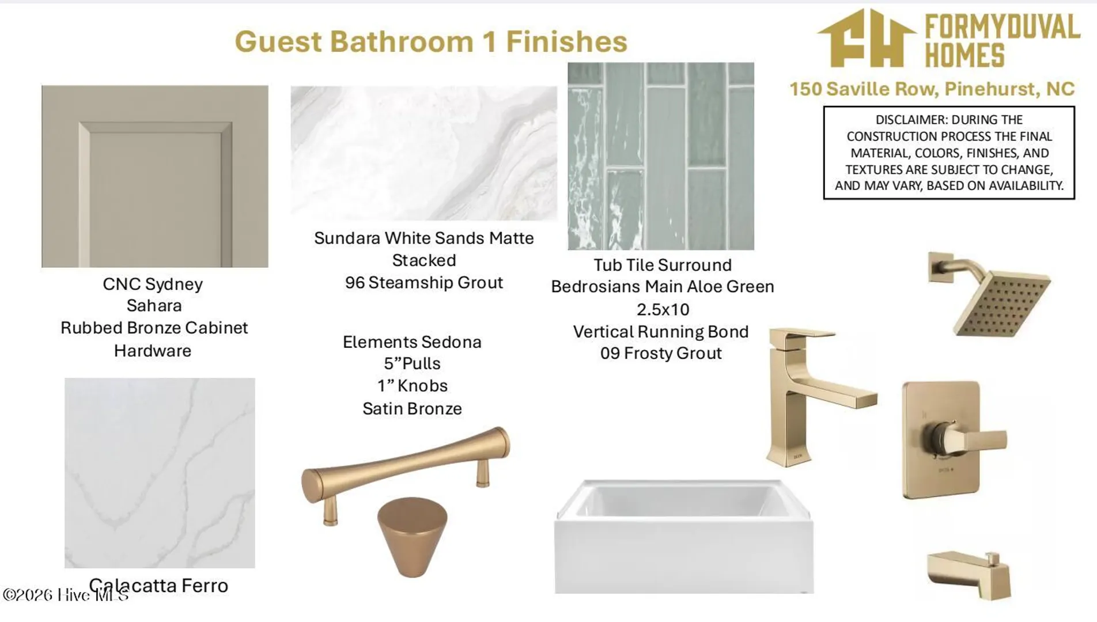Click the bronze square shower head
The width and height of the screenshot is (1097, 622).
(x=1001, y=303)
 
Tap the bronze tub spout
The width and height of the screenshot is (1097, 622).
(x=969, y=574)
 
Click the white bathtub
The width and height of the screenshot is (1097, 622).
(x=684, y=536)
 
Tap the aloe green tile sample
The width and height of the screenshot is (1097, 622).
(x=661, y=156)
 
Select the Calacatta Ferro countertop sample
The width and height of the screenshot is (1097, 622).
(x=160, y=473)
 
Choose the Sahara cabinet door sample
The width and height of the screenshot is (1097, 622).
(x=155, y=176)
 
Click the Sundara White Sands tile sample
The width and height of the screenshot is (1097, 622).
(x=423, y=153)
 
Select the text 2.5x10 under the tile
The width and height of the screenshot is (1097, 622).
(x=663, y=309)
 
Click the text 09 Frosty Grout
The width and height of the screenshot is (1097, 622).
(x=661, y=353)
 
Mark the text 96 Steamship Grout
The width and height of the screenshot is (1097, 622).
(x=424, y=283)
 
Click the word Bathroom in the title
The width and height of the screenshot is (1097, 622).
(x=402, y=41)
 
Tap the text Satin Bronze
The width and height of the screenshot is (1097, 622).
(x=412, y=409)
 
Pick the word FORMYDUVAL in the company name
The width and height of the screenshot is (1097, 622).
(x=1003, y=27)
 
